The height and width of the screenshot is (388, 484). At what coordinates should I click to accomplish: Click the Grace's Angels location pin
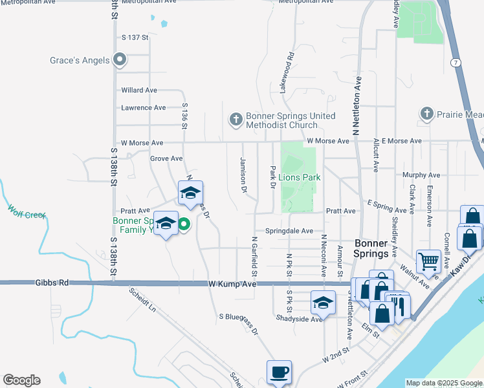click(x=120, y=60)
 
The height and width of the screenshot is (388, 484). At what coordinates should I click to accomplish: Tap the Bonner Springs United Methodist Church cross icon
click(x=236, y=119)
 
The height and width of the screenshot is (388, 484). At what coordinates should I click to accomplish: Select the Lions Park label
click(x=300, y=177)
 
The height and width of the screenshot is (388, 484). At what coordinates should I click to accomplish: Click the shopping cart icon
click(x=428, y=261)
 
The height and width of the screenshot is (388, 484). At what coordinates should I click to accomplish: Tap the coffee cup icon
click(x=279, y=372)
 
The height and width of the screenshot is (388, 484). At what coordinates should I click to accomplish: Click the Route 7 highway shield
click(x=456, y=62)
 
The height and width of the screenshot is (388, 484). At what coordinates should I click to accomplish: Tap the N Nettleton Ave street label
click(x=355, y=103)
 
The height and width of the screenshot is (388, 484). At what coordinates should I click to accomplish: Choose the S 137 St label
click(x=135, y=38)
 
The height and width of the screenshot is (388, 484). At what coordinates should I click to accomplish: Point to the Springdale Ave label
click(x=289, y=231)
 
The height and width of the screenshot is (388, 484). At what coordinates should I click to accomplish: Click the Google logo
click(x=21, y=380)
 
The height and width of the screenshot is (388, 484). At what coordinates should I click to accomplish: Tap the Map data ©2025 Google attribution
click(x=443, y=383)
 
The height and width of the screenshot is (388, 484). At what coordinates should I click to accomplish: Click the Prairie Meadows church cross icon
click(x=426, y=114)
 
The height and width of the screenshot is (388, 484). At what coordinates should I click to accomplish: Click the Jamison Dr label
click(x=244, y=175)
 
